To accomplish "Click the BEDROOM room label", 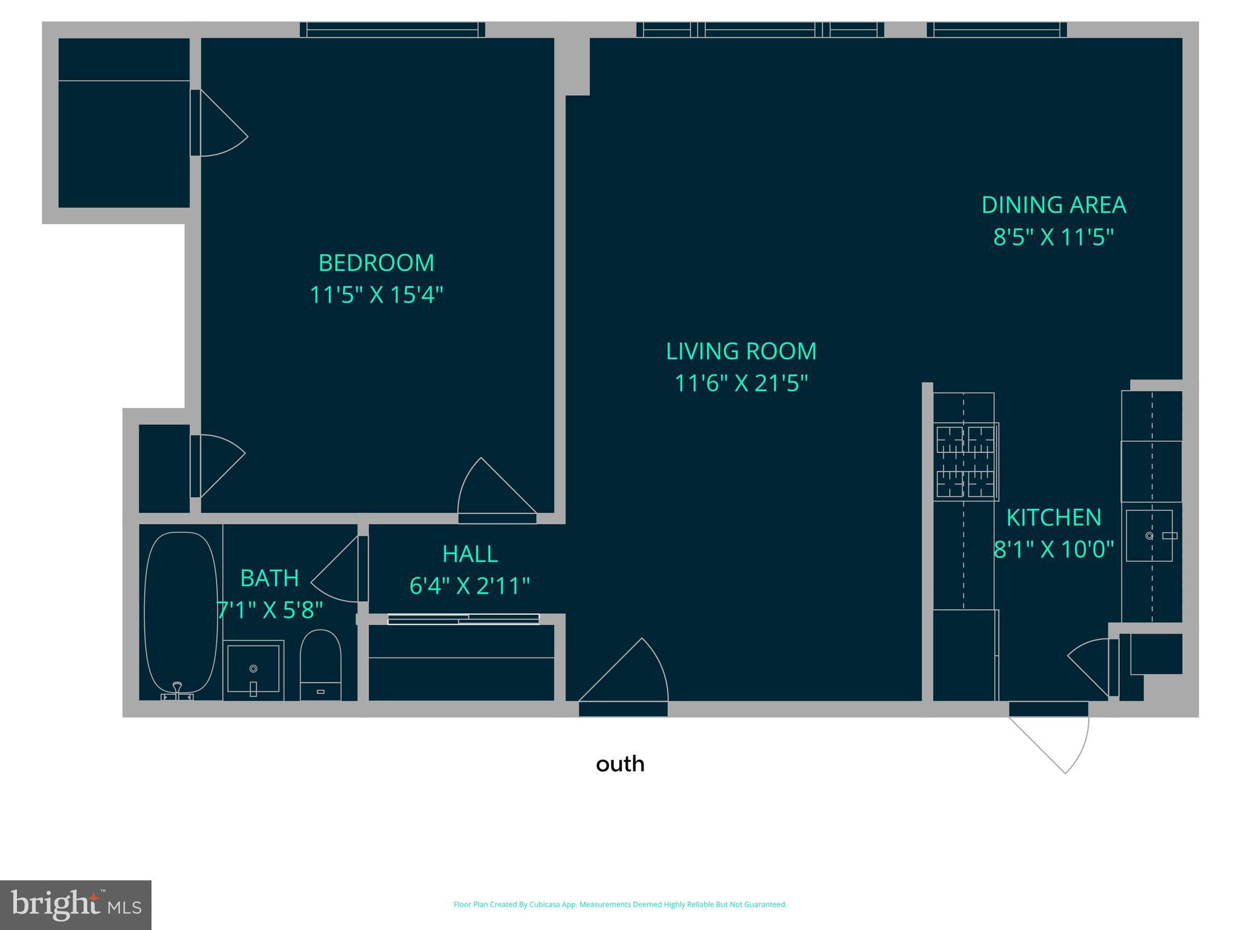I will tap(376, 263).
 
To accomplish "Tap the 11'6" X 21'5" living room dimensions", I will tap(741, 383).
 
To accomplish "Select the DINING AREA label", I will tap(1053, 205).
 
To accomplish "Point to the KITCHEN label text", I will tap(1053, 518).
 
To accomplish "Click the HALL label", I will tap(470, 554).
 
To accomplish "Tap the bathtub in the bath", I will tap(181, 612).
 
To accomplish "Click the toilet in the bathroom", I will tap(321, 664).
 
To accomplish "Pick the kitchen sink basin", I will tap(1148, 536).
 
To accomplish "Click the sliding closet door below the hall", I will tap(464, 619).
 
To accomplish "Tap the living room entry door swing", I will tap(630, 675).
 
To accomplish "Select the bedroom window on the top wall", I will tap(392, 30).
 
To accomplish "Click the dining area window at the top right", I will tap(996, 30).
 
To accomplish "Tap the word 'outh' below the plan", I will tap(620, 764).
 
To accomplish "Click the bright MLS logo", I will tap(76, 905).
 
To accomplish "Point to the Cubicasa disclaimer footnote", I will tap(620, 905).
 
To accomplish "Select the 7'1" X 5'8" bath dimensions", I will tap(270, 610).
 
